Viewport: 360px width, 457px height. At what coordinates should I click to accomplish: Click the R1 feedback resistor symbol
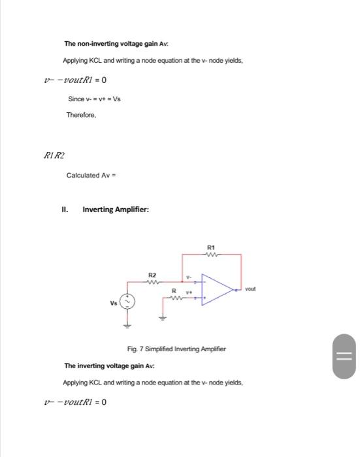point(210,255)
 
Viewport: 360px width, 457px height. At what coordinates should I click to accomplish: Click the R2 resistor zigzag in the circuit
point(152,283)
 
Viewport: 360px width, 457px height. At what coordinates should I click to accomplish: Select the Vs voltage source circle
point(128,302)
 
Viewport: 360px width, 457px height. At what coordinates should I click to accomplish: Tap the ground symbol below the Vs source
point(128,323)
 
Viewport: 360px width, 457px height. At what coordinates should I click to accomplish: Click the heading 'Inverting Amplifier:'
point(116,210)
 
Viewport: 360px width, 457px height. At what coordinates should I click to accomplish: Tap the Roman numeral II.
point(65,210)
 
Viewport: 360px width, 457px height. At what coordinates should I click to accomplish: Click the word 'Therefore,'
point(81,115)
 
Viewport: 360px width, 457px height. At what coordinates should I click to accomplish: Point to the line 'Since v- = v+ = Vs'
point(94,99)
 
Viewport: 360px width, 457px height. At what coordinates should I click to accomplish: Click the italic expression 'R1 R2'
point(54,155)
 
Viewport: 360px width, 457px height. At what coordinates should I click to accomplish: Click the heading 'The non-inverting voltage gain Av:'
point(116,44)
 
